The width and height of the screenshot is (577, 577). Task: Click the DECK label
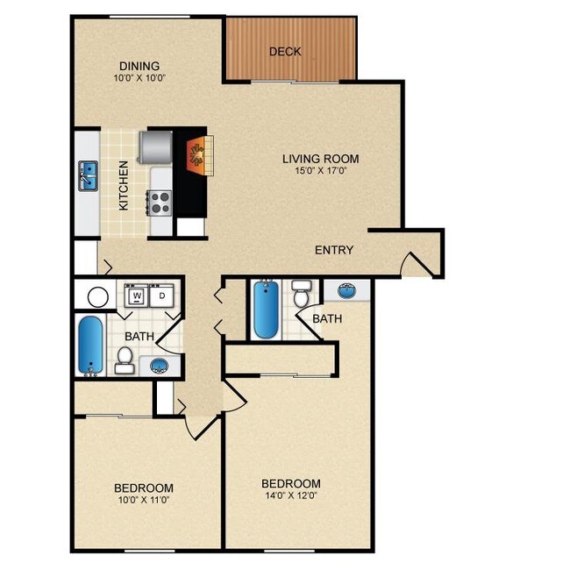tap(285, 52)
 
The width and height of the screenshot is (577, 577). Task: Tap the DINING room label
tap(139, 67)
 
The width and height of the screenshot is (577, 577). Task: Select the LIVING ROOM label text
tap(321, 159)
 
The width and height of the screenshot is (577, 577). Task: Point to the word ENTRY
tap(334, 250)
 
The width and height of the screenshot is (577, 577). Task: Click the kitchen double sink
tap(89, 176)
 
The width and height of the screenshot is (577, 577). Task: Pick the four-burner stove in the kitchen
tap(160, 203)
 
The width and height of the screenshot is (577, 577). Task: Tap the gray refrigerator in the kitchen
tap(156, 147)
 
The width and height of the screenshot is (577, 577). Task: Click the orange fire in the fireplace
tap(196, 156)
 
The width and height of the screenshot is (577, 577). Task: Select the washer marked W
tap(137, 296)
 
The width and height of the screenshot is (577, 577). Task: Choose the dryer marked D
tap(162, 296)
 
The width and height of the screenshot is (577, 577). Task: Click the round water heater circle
tap(98, 297)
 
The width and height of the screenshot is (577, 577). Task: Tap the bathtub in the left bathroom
tap(90, 345)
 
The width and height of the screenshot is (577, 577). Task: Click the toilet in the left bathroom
tap(125, 360)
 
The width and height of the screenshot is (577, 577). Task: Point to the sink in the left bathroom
tap(160, 366)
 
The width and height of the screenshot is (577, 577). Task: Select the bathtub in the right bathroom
tap(266, 309)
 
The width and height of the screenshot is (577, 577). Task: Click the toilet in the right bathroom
tap(302, 294)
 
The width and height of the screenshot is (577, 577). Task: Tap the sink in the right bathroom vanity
tap(346, 291)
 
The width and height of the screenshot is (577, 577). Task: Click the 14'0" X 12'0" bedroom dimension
tap(291, 495)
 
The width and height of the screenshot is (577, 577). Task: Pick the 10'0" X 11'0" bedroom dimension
tap(144, 500)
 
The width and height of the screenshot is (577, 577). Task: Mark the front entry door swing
tap(417, 264)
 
